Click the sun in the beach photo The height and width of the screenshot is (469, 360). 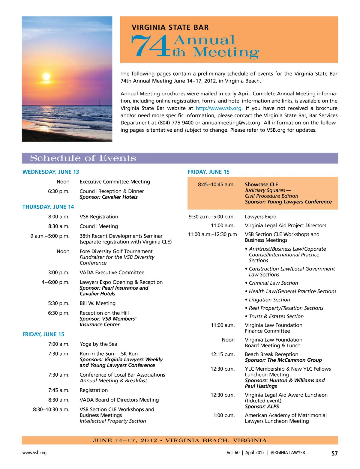[46, 76]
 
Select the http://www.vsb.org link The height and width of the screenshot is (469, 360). [218, 108]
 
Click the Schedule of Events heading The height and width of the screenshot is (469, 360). [83, 158]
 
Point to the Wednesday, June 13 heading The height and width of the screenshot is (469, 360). [51, 172]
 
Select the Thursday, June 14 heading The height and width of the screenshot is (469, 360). [48, 207]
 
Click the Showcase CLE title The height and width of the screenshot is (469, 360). [261, 184]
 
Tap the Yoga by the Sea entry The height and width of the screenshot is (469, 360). [98, 344]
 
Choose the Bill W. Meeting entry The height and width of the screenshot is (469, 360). [97, 303]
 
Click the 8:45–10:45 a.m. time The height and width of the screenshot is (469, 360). [216, 184]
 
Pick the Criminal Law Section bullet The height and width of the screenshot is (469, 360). [273, 283]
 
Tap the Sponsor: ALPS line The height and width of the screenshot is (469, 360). [262, 406]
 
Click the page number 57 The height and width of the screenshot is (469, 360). [334, 453]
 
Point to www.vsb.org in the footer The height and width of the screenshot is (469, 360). [34, 453]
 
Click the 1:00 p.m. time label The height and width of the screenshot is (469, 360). [224, 415]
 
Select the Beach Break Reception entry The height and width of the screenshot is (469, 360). [271, 354]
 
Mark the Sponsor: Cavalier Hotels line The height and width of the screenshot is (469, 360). [109, 197]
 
